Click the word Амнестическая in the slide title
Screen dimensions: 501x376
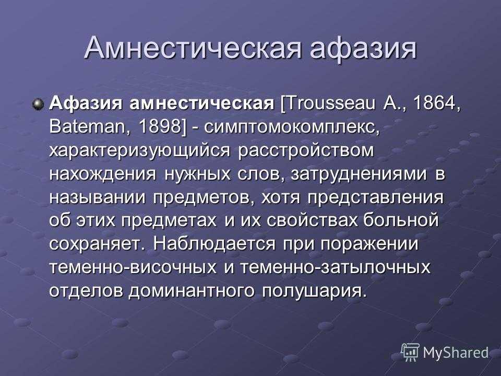[x=193, y=48]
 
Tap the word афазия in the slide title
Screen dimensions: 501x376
[x=364, y=49]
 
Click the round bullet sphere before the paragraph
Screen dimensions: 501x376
[x=38, y=104]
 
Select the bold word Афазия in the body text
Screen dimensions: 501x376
[x=85, y=103]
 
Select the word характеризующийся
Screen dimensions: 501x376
[x=140, y=151]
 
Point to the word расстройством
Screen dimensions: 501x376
[x=306, y=151]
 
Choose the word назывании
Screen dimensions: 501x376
[x=98, y=197]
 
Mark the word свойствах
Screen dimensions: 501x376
[x=312, y=221]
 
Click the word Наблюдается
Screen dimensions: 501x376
[x=214, y=244]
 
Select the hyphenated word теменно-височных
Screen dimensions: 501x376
[x=133, y=267]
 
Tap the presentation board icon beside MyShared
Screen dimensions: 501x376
[x=411, y=352]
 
